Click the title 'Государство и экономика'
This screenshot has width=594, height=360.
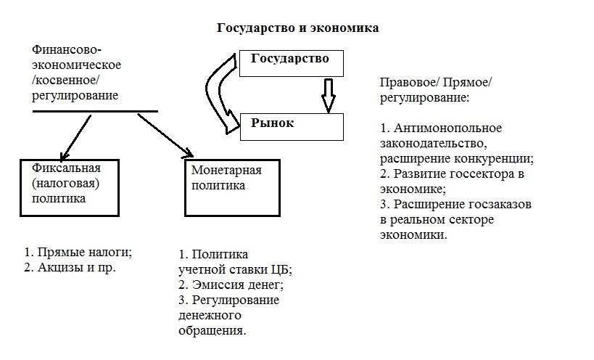click(x=298, y=28)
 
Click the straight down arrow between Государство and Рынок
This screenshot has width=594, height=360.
click(x=329, y=95)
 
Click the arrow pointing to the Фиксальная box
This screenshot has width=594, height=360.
click(x=75, y=138)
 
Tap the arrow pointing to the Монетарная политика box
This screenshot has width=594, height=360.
click(x=165, y=135)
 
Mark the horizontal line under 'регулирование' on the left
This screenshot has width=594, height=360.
click(x=95, y=111)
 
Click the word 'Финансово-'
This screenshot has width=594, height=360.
click(x=67, y=49)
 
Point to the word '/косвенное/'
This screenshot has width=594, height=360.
click(x=65, y=81)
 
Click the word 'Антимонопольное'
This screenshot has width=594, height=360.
click(x=447, y=128)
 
